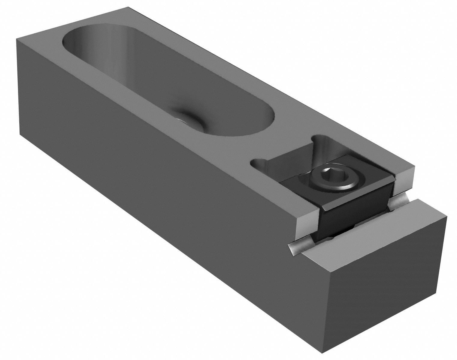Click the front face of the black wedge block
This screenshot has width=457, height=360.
point(354,214)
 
